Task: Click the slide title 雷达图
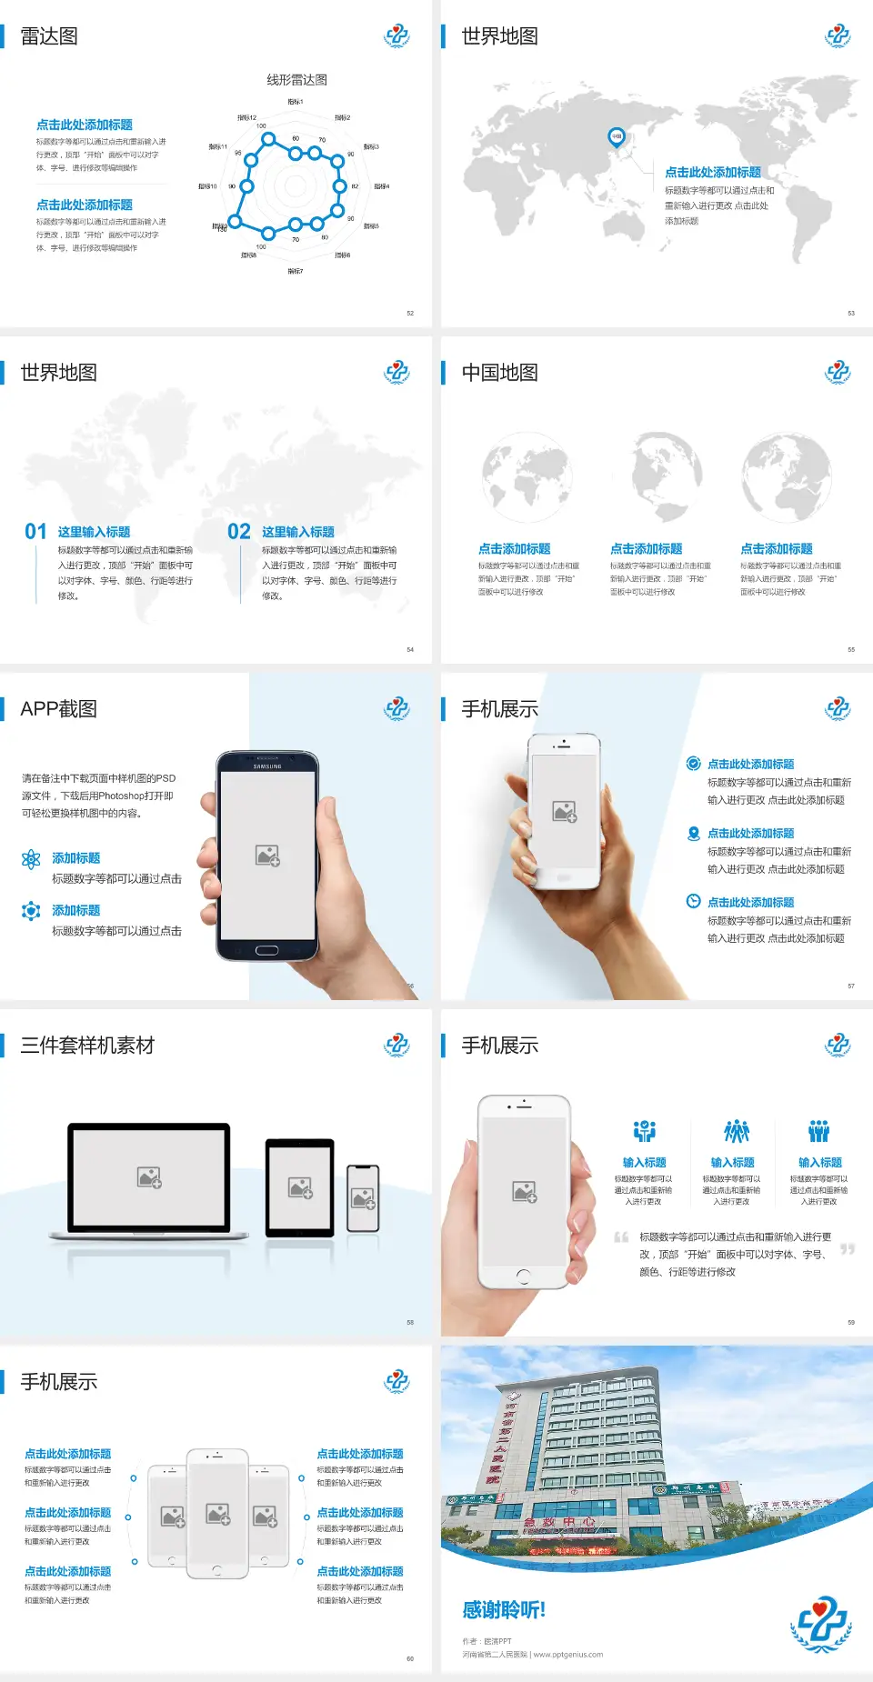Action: [49, 36]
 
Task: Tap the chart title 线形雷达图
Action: [296, 80]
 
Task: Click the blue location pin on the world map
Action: [616, 137]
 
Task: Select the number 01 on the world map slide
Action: [35, 532]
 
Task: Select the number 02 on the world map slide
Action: [239, 532]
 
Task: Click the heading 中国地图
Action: [499, 373]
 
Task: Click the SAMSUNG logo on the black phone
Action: [267, 766]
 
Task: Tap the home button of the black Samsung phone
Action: [266, 950]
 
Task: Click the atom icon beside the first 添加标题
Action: [31, 859]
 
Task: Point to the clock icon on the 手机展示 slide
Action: [693, 901]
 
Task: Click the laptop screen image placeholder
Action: [150, 1177]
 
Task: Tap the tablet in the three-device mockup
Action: [300, 1186]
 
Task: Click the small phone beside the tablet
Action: [363, 1198]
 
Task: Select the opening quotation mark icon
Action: [621, 1237]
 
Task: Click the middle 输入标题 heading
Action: [732, 1163]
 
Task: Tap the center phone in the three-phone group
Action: [217, 1513]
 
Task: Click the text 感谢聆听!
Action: [504, 1610]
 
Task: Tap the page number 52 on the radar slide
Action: [410, 313]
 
